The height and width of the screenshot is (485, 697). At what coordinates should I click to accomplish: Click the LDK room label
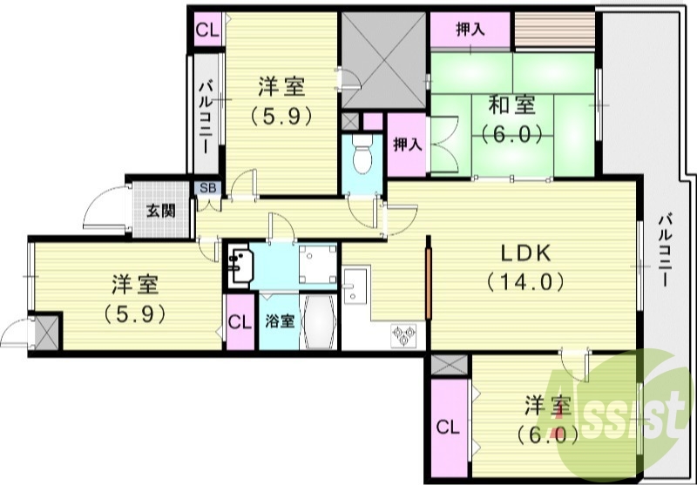point(525,253)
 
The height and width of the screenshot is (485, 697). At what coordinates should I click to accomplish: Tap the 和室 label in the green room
point(511,106)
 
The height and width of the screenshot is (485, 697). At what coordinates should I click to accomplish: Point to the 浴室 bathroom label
point(279,320)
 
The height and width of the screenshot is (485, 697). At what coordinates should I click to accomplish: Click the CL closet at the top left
point(206,30)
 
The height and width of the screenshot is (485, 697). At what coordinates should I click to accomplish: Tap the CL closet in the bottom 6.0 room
point(448,428)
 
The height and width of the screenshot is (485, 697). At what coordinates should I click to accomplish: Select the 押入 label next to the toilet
point(406,145)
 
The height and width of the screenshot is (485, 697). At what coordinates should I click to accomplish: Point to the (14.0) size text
point(525,281)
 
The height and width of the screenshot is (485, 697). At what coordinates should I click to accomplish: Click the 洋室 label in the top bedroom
point(281,87)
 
